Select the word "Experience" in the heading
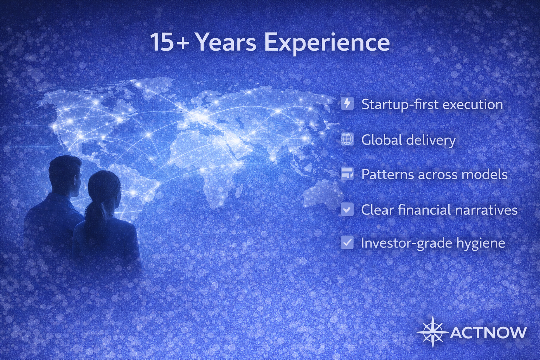(x=327, y=43)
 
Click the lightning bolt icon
(x=347, y=104)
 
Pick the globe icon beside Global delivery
(x=347, y=139)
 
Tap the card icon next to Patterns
(x=347, y=173)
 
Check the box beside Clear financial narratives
(x=347, y=210)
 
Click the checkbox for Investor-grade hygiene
(x=347, y=243)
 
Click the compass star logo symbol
(x=432, y=332)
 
